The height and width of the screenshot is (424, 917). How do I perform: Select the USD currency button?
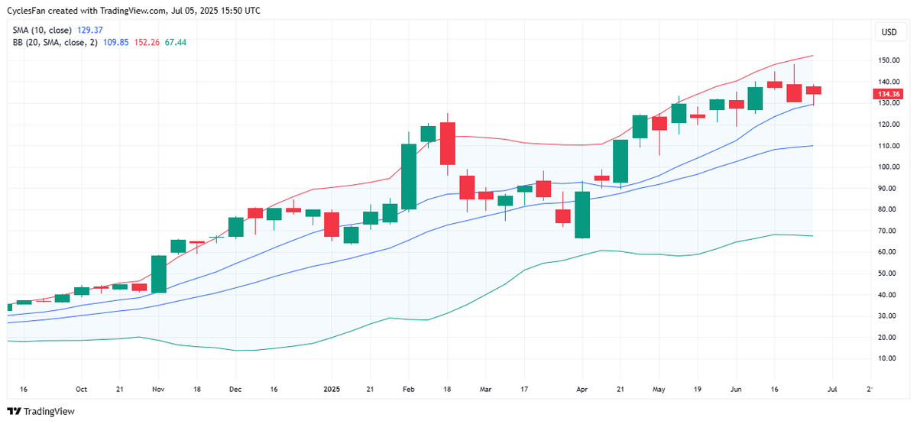click(889, 32)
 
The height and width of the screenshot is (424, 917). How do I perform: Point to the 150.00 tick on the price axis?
click(887, 60)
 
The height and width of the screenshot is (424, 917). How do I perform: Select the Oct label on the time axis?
click(81, 389)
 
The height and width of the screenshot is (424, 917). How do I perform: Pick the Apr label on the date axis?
click(582, 389)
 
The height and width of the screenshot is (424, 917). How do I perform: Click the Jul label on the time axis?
click(832, 389)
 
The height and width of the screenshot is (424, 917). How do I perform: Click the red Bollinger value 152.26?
click(146, 42)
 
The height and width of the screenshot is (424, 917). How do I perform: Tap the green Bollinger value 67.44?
click(175, 42)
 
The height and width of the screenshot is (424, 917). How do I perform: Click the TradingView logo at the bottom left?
click(42, 411)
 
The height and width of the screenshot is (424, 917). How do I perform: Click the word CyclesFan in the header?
click(28, 11)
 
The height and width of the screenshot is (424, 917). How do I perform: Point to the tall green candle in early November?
click(159, 274)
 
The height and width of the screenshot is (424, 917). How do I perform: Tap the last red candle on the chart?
click(813, 90)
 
